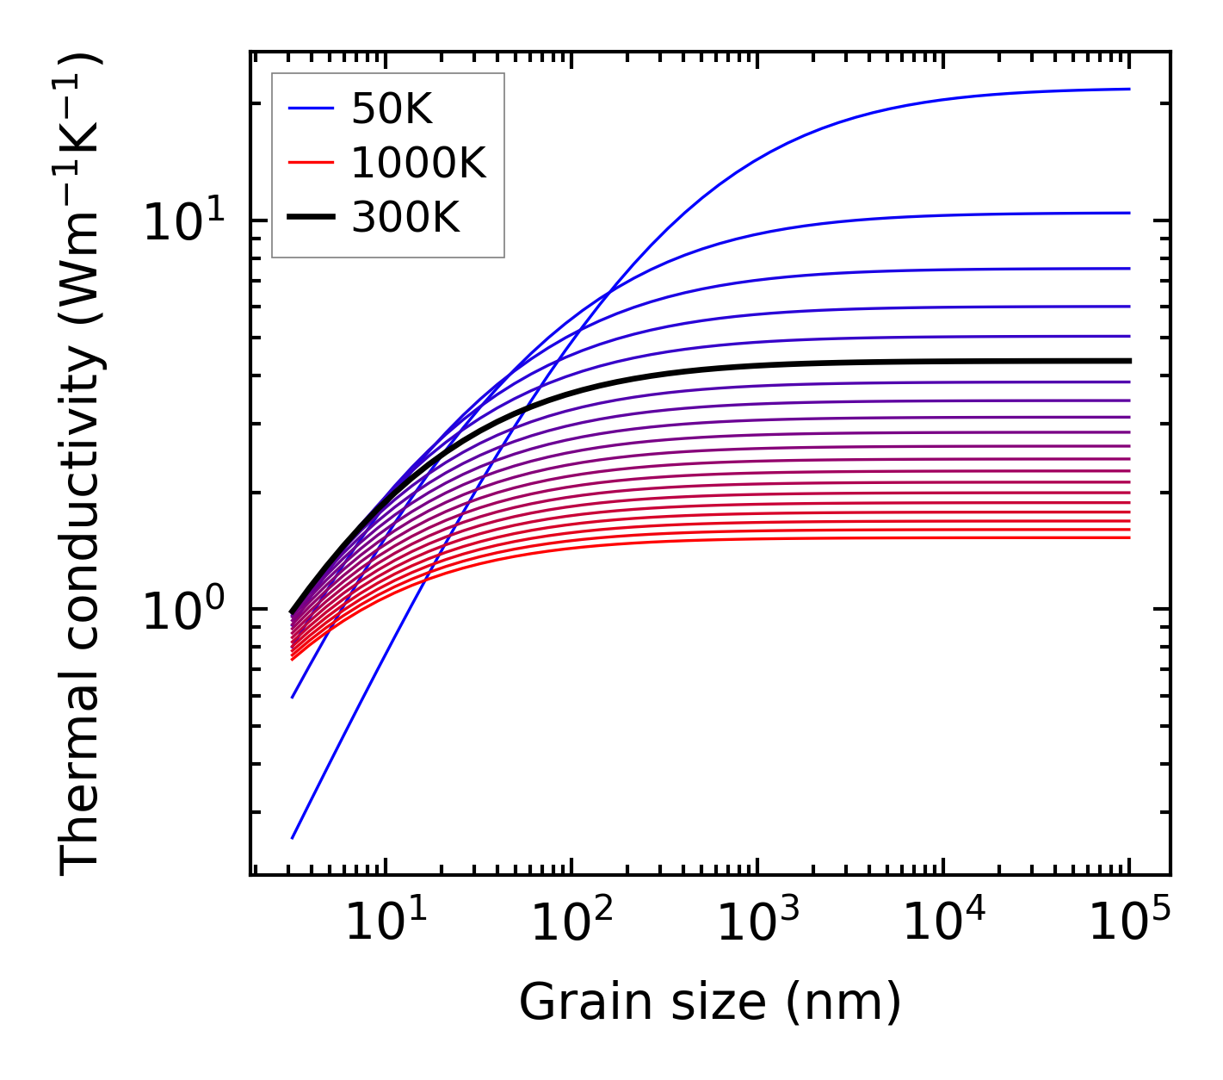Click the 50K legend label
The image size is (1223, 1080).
pyautogui.click(x=392, y=109)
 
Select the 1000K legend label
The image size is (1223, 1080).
pyautogui.click(x=418, y=163)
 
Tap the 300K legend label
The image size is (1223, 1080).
pyautogui.click(x=405, y=218)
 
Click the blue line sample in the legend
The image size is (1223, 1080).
pyautogui.click(x=310, y=109)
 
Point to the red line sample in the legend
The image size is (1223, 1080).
pyautogui.click(x=310, y=163)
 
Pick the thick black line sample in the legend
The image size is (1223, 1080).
pyautogui.click(x=310, y=218)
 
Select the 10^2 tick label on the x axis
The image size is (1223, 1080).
pyautogui.click(x=571, y=923)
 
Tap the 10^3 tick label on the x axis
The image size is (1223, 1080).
pyautogui.click(x=757, y=923)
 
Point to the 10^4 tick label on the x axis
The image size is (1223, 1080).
pyautogui.click(x=943, y=923)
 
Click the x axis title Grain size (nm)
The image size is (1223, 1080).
pyautogui.click(x=710, y=1003)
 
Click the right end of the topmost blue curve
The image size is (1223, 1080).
pyautogui.click(x=1128, y=89)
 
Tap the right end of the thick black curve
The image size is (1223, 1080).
pyautogui.click(x=1128, y=361)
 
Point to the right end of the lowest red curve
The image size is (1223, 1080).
pyautogui.click(x=1128, y=538)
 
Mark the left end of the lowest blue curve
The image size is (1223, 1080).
pyautogui.click(x=293, y=838)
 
